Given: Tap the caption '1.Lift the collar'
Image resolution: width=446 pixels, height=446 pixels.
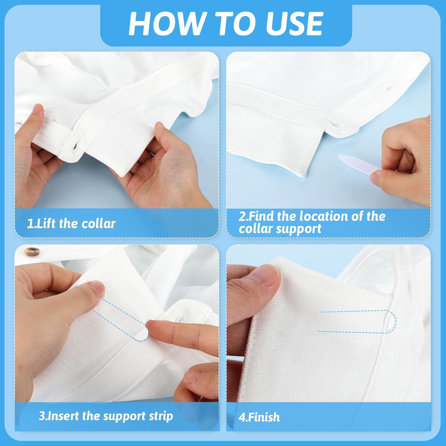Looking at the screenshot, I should (71, 224).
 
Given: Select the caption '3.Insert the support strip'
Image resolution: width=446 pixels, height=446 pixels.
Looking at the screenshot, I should (106, 416).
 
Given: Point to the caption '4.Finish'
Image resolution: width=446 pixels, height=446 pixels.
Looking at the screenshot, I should (259, 417).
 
